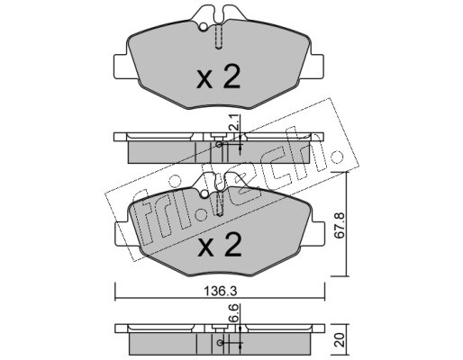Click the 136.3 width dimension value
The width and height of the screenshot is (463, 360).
tap(221, 291)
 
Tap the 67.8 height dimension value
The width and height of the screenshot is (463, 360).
tap(340, 225)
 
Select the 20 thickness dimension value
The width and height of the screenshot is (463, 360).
tap(340, 339)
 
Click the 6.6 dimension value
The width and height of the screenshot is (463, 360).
tap(235, 312)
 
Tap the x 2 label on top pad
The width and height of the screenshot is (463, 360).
tap(218, 77)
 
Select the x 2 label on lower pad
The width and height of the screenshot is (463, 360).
tap(220, 245)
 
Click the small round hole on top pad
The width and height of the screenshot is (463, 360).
tap(204, 27)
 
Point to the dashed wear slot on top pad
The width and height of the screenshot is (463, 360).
tap(219, 37)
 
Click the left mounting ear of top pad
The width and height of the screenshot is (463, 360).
tap(122, 67)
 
